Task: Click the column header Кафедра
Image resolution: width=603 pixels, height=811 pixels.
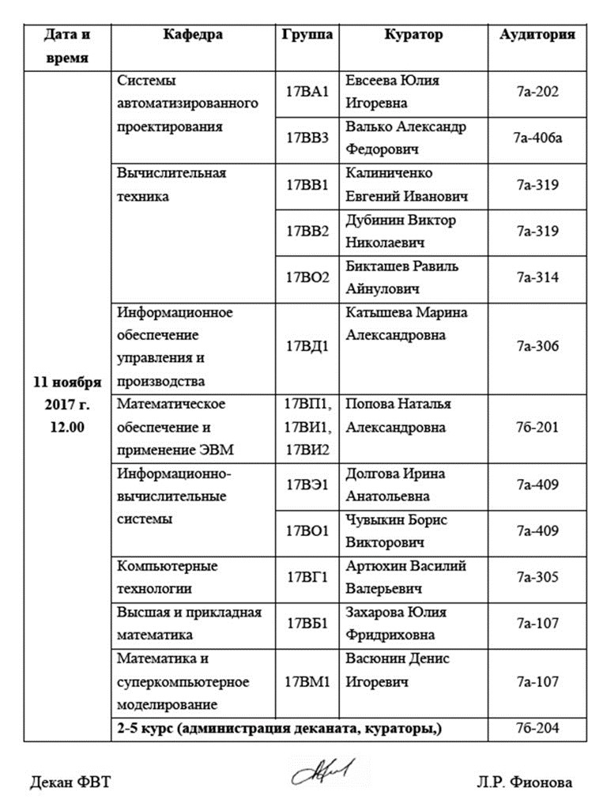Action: click(x=193, y=35)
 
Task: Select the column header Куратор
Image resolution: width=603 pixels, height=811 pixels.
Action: click(x=413, y=35)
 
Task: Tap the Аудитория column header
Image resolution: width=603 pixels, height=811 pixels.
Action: click(x=537, y=35)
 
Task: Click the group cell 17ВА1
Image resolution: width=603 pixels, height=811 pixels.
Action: click(x=307, y=92)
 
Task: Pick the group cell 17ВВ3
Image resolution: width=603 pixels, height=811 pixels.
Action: click(x=307, y=138)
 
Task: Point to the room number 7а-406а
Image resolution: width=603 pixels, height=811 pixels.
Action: click(x=537, y=138)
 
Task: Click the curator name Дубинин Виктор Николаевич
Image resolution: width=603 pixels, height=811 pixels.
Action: click(x=401, y=231)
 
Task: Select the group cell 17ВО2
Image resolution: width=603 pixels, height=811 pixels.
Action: click(x=307, y=277)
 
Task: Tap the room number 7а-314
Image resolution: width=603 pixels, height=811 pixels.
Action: click(x=537, y=277)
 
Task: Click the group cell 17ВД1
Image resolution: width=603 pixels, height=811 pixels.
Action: click(x=307, y=346)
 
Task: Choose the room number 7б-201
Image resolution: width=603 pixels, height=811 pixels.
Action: click(x=537, y=428)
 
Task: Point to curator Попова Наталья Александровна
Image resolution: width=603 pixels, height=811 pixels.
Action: click(x=398, y=416)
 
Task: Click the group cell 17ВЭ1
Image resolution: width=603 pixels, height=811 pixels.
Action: click(x=307, y=485)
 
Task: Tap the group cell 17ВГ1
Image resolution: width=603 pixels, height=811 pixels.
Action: click(x=307, y=578)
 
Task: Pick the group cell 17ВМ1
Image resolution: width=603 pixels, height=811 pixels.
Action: click(x=307, y=681)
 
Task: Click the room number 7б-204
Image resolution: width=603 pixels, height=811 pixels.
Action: click(x=537, y=728)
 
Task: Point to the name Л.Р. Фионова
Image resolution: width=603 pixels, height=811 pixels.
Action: click(x=524, y=783)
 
